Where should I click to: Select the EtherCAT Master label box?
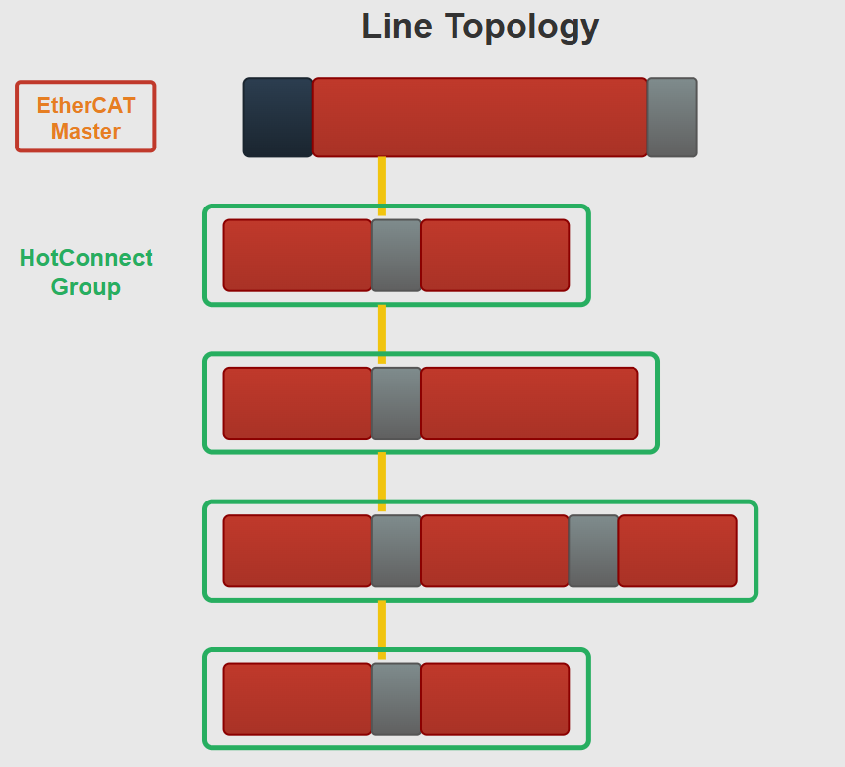86,117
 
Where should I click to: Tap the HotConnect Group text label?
86,272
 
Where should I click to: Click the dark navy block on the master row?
277,117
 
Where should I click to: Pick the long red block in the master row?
480,117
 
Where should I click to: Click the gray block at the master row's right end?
672,117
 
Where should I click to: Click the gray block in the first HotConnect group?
396,256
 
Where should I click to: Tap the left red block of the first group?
297,256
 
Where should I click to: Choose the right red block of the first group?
495,256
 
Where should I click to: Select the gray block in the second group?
396,403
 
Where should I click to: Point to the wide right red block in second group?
529,403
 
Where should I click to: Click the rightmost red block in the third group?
677,551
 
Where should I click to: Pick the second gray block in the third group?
593,551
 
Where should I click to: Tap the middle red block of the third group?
495,551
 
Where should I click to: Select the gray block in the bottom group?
396,698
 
